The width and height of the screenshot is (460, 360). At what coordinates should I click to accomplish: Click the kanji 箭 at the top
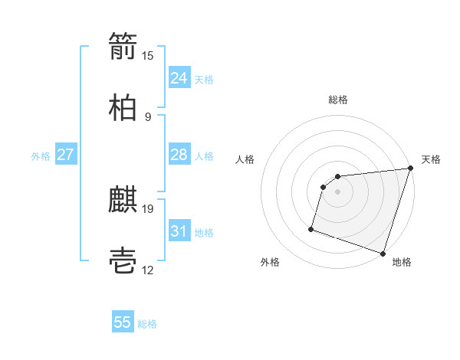(x=123, y=47)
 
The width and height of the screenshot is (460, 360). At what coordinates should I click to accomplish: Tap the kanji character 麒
(x=123, y=201)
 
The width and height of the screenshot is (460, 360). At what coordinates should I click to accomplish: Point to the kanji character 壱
(x=123, y=261)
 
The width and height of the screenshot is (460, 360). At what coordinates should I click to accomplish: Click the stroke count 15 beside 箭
(x=148, y=56)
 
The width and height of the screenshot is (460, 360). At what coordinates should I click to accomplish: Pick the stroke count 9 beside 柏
(x=147, y=117)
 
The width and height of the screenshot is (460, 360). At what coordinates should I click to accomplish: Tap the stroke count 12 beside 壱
(x=148, y=270)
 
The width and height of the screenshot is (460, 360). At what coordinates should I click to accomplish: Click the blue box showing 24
(x=179, y=78)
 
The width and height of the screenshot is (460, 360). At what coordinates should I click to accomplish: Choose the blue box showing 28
(x=179, y=155)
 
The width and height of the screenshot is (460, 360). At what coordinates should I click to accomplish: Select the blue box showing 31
(x=179, y=231)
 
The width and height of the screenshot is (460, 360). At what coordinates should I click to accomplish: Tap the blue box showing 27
(x=65, y=155)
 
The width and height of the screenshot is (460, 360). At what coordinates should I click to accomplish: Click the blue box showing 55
(x=123, y=322)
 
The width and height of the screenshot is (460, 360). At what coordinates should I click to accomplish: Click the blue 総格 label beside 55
(x=147, y=324)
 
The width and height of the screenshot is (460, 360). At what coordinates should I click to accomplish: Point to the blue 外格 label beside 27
(x=41, y=156)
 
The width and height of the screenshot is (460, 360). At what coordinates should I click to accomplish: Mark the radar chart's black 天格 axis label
(x=431, y=159)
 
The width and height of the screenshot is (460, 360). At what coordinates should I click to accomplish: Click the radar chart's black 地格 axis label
(x=402, y=262)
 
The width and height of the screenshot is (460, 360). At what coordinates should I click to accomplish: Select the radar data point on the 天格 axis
(x=410, y=169)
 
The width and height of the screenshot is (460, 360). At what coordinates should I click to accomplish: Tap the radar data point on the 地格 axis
(x=383, y=253)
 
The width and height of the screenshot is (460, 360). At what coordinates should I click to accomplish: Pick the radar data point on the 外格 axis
(x=311, y=228)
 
